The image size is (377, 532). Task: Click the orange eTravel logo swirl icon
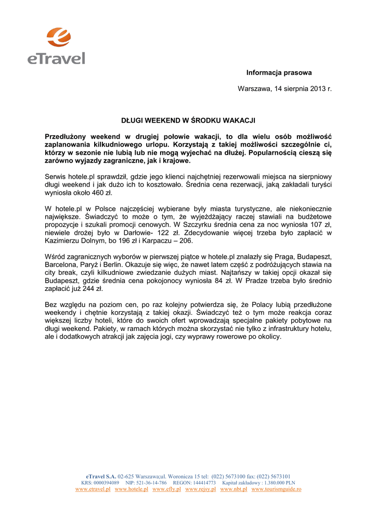tap(58, 37)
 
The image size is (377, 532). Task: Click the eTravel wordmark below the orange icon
tap(56, 58)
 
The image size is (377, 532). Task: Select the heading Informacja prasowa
tap(279, 73)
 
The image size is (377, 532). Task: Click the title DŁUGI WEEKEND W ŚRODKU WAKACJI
tap(188, 121)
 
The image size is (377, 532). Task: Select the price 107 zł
tap(319, 224)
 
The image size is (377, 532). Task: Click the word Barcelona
tap(61, 265)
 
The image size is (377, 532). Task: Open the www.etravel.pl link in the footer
tap(93, 489)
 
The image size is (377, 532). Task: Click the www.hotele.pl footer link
tap(132, 489)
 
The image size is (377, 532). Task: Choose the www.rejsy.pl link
tap(200, 489)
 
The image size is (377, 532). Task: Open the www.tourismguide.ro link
tap(276, 489)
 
